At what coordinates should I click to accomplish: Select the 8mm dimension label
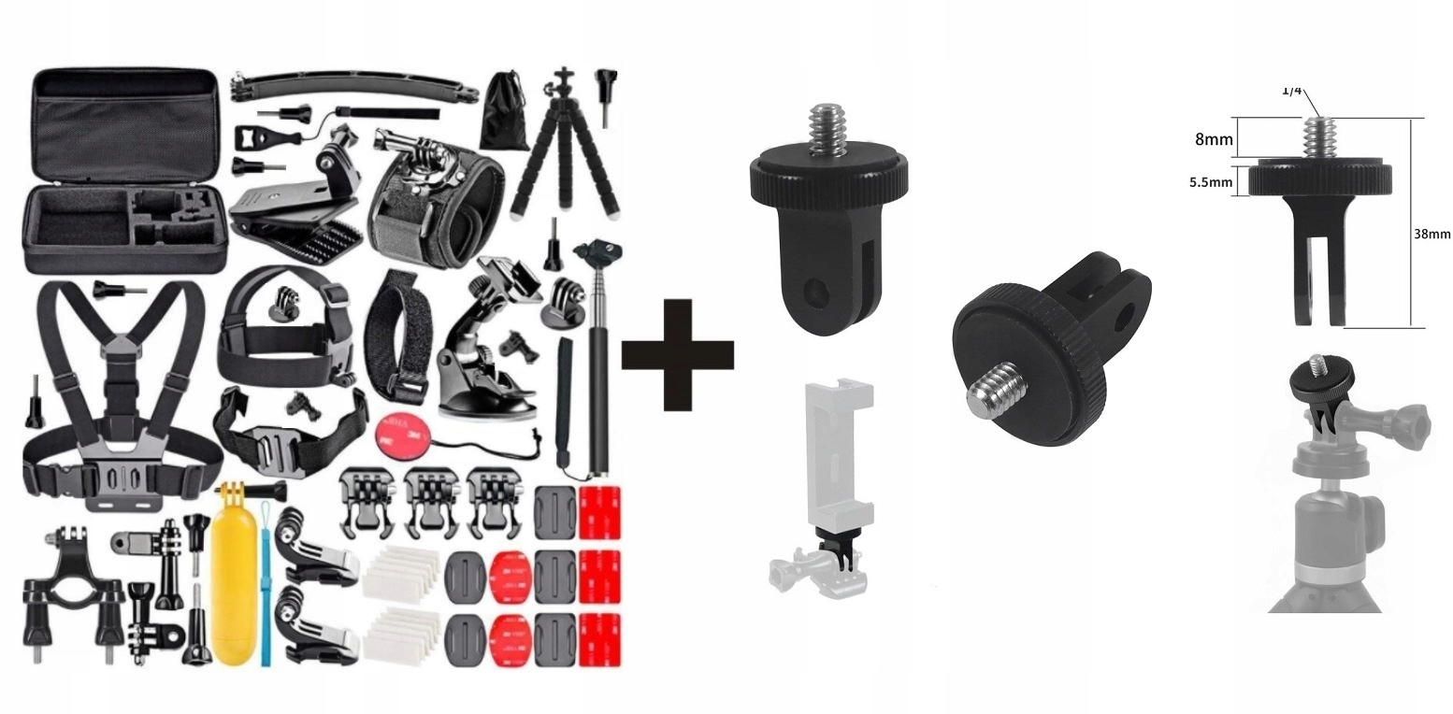pyautogui.click(x=1214, y=139)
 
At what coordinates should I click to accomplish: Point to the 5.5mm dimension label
pyautogui.click(x=1210, y=182)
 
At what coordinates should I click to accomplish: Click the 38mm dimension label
pyautogui.click(x=1432, y=234)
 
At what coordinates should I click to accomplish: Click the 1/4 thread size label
pyautogui.click(x=1292, y=91)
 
